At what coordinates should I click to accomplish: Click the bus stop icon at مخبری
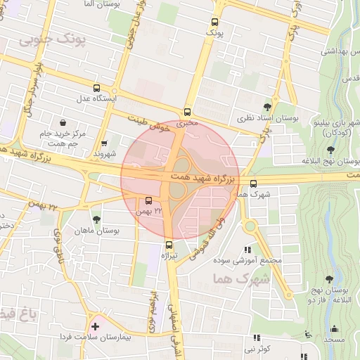coord(187,112)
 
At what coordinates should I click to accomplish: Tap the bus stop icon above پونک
coord(214,21)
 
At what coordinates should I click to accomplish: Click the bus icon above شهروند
coord(105,142)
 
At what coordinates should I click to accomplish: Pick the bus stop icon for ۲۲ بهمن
coord(148,200)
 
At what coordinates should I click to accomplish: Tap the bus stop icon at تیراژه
coord(169,245)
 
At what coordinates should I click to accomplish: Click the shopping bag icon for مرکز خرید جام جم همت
coord(64,122)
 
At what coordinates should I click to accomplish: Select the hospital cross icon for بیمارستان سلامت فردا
coord(95,327)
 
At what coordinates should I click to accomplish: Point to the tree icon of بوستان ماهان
coord(96,219)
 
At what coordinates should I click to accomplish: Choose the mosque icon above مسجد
coord(334,328)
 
